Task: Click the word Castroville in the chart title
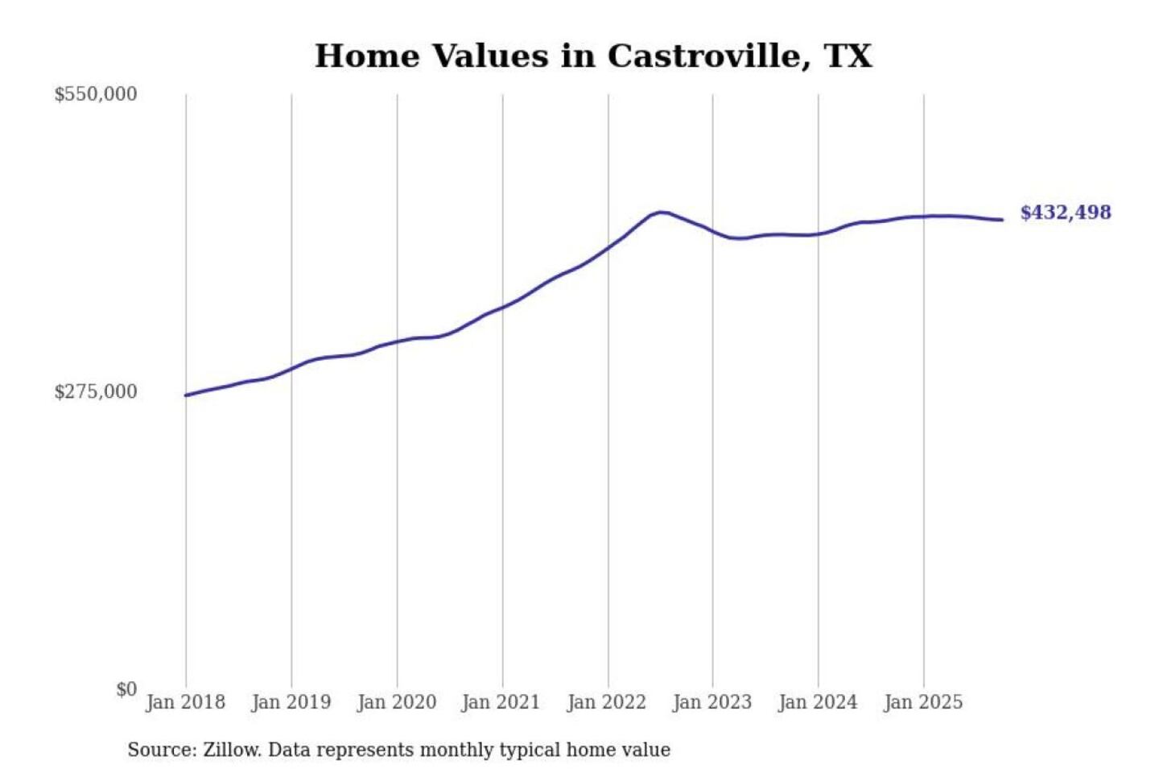(708, 56)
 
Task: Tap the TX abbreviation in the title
(848, 56)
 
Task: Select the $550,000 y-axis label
(96, 94)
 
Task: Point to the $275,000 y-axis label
(96, 392)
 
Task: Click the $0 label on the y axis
(126, 689)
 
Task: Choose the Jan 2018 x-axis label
(185, 702)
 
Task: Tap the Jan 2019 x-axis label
(291, 702)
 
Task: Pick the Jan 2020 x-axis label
(396, 702)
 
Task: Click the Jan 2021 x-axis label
(501, 702)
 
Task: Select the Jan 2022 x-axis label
(607, 702)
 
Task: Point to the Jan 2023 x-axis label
(712, 702)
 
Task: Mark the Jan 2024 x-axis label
(818, 702)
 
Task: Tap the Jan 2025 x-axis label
(923, 702)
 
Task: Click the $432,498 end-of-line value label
(1066, 213)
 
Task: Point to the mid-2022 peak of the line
(661, 213)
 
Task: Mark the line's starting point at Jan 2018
(187, 395)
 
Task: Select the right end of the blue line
(1001, 220)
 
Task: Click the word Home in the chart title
(367, 56)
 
